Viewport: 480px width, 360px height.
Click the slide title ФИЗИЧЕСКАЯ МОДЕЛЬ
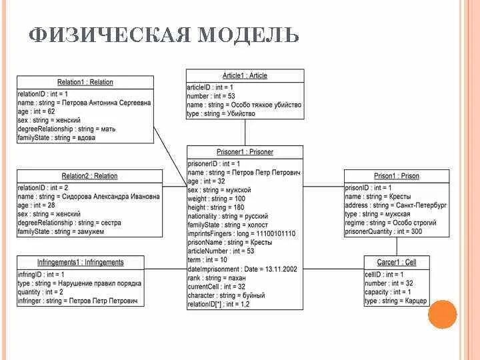pyautogui.click(x=164, y=35)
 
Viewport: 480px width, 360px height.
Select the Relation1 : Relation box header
pyautogui.click(x=85, y=83)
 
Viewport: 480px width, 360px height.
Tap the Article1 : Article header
pyautogui.click(x=245, y=76)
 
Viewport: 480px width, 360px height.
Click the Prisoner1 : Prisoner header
pyautogui.click(x=245, y=152)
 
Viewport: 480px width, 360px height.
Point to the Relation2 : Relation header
pyautogui.click(x=89, y=176)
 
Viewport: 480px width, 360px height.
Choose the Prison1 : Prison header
pyautogui.click(x=396, y=176)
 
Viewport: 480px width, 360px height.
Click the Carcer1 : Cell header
pyautogui.click(x=396, y=263)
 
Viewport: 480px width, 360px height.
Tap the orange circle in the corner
pyautogui.click(x=443, y=315)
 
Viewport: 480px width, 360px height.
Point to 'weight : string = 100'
pyautogui.click(x=216, y=199)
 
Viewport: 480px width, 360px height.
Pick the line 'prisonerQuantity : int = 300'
pyautogui.click(x=383, y=231)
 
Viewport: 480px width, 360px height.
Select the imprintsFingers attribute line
pyautogui.click(x=241, y=234)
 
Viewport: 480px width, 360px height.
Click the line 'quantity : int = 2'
pyautogui.click(x=41, y=292)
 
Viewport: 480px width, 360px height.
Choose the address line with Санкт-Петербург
pyautogui.click(x=395, y=206)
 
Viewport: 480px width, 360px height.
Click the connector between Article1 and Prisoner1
pyautogui.click(x=245, y=133)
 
